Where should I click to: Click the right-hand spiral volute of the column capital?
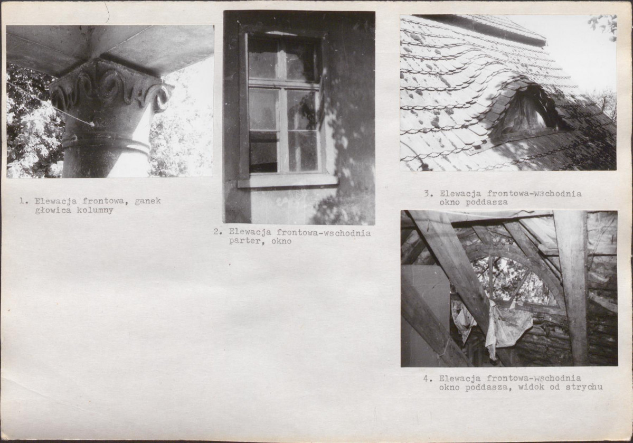coord(160,99)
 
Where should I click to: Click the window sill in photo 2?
coord(287,181)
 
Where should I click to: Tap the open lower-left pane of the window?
coord(263,152)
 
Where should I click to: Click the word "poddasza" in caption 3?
coord(486,202)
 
